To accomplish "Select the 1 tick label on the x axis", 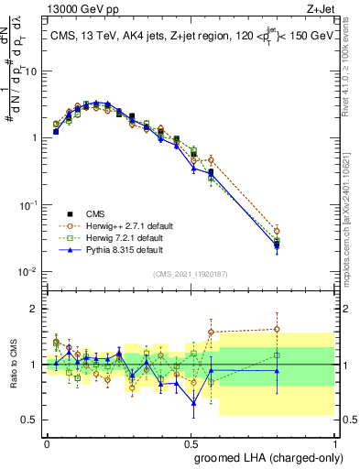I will click(333, 442).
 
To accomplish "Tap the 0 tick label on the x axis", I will click(47, 442).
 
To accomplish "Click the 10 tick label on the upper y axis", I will click(30, 71).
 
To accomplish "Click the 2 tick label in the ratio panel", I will click(35, 309).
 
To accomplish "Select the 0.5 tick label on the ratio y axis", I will click(30, 420).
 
